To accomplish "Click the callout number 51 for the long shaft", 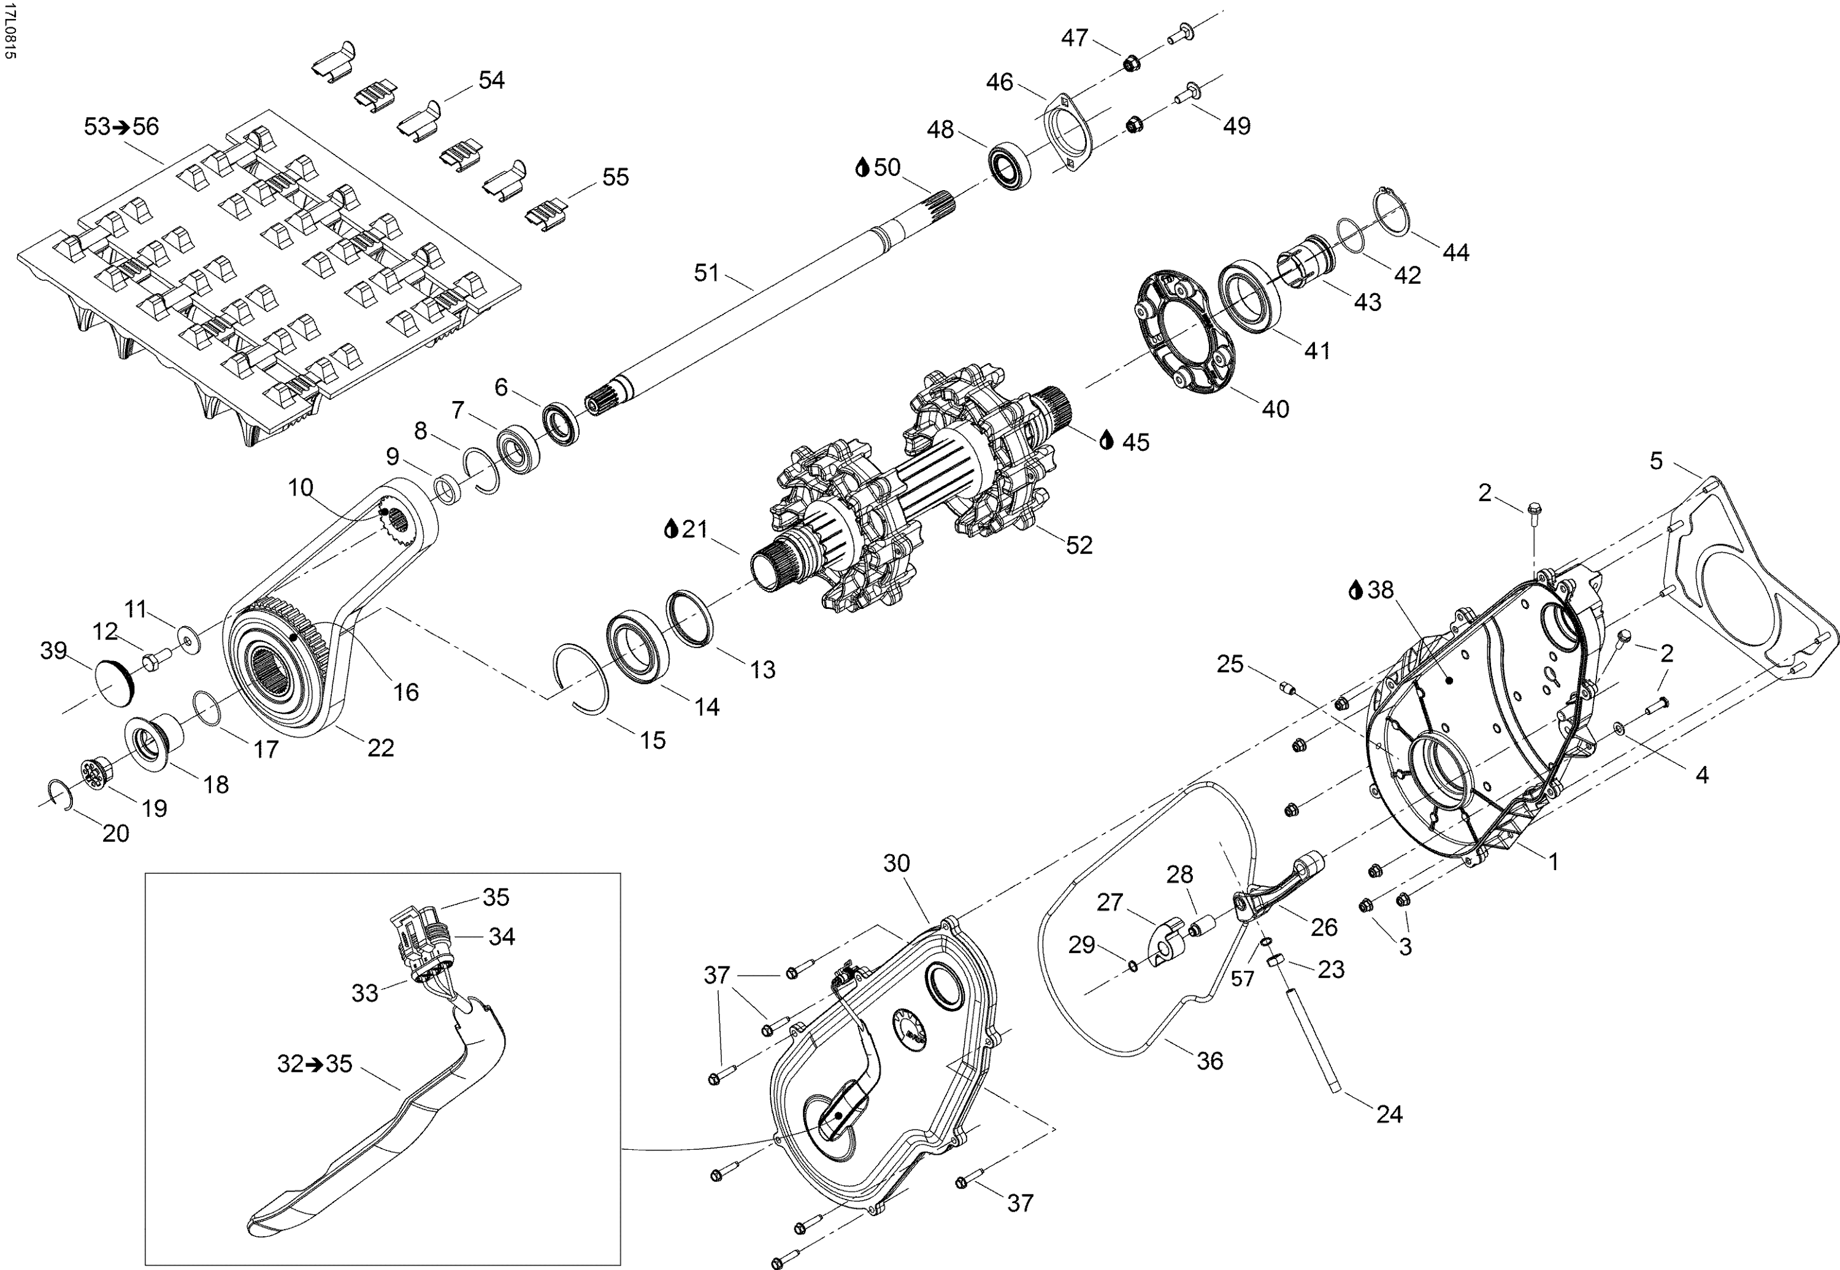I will point(706,273).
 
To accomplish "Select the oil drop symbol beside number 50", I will point(861,168).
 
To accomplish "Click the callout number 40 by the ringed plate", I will point(1275,408).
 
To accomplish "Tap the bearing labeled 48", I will point(1008,166).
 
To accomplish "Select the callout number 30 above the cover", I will point(896,863).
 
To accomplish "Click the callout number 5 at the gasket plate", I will point(1656,461).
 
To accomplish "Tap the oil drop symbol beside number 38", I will point(1355,590).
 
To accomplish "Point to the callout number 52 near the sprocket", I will point(1079,545).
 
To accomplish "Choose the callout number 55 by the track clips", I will point(615,177).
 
